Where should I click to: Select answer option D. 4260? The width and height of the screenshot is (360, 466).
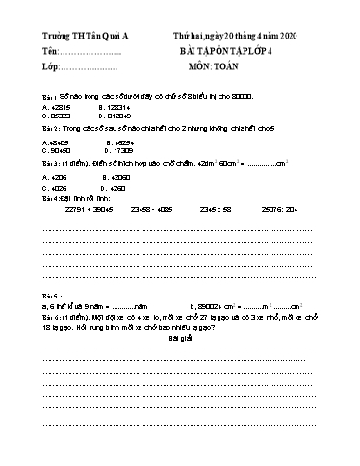tap(121, 189)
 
